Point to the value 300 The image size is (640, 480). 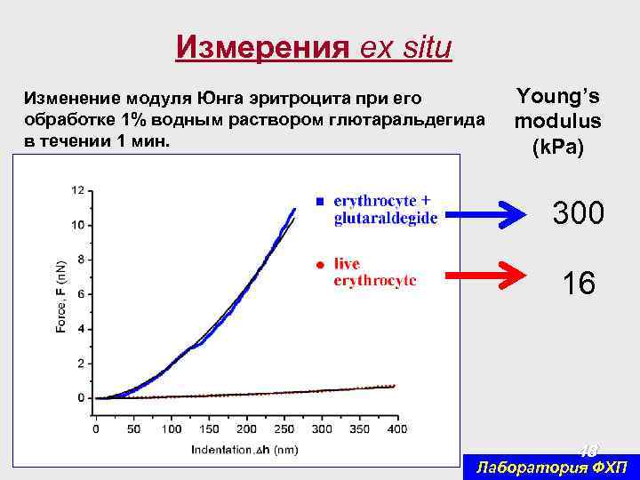coord(579,213)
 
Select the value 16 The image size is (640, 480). coord(579,284)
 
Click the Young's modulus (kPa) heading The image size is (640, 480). coord(557,121)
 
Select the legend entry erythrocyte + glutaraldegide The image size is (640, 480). coord(386,209)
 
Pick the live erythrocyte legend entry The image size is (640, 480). coord(374,271)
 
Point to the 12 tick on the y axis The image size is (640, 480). coord(78,190)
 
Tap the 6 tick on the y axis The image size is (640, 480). coord(81,294)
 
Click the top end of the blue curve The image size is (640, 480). coord(294,209)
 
